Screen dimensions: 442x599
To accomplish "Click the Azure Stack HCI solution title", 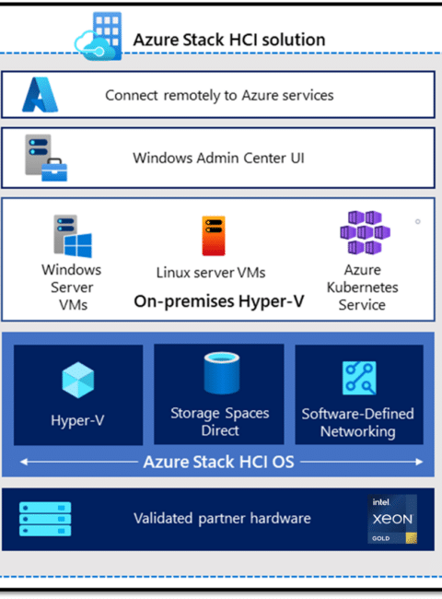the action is pos(229,40).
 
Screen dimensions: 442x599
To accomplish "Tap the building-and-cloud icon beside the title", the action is pos(99,36).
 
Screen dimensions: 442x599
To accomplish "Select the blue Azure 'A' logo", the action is pos(41,95).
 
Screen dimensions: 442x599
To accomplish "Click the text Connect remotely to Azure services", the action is pos(219,95).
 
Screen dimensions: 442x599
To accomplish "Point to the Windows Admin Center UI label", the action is pos(219,158).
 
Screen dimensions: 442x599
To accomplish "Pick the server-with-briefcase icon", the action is pos(46,158).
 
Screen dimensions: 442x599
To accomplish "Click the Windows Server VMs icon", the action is pos(73,236).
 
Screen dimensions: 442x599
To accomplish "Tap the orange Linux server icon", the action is pos(214,236).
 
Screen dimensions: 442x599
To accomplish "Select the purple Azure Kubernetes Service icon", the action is pos(365,232).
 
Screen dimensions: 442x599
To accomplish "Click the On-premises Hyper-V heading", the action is pos(219,301).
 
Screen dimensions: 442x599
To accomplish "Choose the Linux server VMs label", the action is pos(211,273).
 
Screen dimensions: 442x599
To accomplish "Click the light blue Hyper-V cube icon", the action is pos(78,380).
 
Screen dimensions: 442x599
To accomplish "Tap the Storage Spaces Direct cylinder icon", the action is pos(221,373).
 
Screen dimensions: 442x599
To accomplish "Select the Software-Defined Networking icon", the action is pos(359,378).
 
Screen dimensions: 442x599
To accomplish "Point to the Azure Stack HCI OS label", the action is pos(219,462).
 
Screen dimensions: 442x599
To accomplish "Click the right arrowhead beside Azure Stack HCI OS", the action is pos(420,462).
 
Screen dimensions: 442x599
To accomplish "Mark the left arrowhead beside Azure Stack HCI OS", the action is pos(24,462).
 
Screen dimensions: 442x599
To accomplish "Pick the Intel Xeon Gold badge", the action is pos(392,519).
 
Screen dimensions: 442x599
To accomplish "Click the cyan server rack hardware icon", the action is pos(45,519).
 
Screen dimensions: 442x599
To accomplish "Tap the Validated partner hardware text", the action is pos(222,519).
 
